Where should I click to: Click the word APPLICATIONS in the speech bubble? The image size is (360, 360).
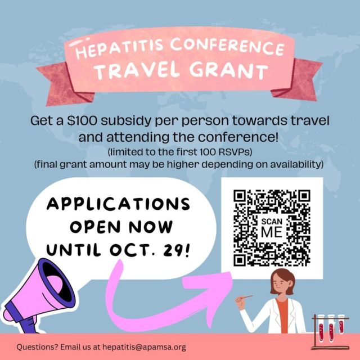(x=118, y=204)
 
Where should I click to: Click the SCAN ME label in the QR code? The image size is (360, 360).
(x=272, y=227)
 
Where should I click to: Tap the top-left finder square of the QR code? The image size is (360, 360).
(x=241, y=197)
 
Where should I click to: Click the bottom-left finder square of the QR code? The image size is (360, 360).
(x=241, y=259)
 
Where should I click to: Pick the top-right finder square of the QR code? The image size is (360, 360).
(x=303, y=197)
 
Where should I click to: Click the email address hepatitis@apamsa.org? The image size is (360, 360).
(x=144, y=347)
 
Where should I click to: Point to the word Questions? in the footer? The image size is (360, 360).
(x=37, y=347)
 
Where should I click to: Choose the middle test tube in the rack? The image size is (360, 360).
(x=331, y=328)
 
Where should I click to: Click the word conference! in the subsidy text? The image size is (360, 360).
(x=238, y=137)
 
